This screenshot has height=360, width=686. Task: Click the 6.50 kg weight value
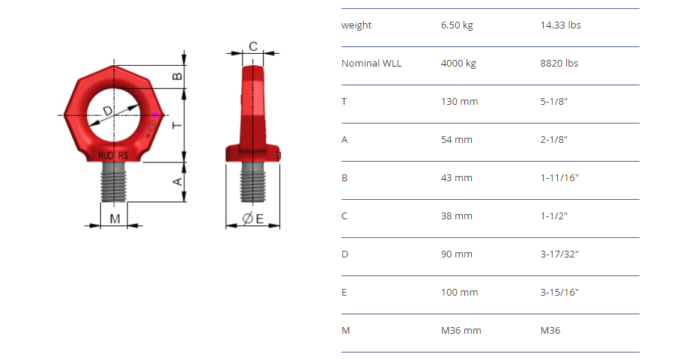[457, 25]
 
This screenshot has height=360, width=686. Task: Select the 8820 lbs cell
[559, 64]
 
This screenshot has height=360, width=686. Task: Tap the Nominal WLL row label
[371, 64]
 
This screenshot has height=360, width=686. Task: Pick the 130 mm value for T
[459, 102]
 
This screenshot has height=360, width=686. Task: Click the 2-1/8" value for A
[554, 139]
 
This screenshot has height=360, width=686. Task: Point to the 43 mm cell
[457, 178]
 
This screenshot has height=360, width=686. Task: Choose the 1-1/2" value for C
[554, 216]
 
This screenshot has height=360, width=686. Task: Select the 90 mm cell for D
[457, 254]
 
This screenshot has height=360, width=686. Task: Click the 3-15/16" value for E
[559, 292]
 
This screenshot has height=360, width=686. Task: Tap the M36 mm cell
[461, 331]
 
